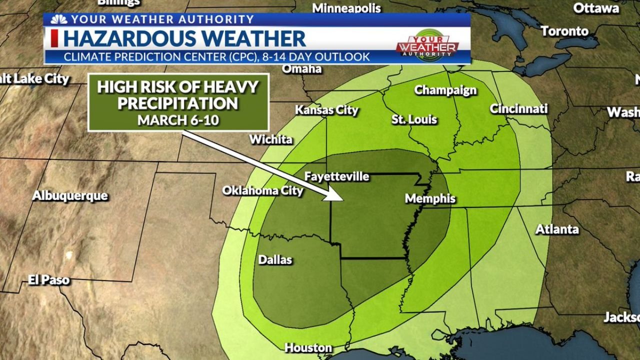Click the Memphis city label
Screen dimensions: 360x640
pos(430,198)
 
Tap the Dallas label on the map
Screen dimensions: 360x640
pos(275,260)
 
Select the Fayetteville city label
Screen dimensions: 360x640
pos(336,176)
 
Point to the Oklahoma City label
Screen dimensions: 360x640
pos(262,190)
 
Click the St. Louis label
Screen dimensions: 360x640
pos(414,119)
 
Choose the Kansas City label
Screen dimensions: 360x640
pos(326,110)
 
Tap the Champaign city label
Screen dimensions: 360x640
pos(445,90)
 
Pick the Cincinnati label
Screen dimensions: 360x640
pos(518,108)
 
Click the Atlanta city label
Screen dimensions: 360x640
pos(557,229)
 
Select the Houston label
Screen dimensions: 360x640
pos(308,347)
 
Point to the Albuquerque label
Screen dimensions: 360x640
pos(70,195)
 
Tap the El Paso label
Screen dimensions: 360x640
pos(48,280)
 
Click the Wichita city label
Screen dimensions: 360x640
pos(270,139)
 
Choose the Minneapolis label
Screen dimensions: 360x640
pos(346,8)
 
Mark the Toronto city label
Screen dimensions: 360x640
pos(564,31)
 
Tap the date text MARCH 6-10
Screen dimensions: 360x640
pos(178,120)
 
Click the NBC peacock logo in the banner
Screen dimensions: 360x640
pos(58,19)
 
